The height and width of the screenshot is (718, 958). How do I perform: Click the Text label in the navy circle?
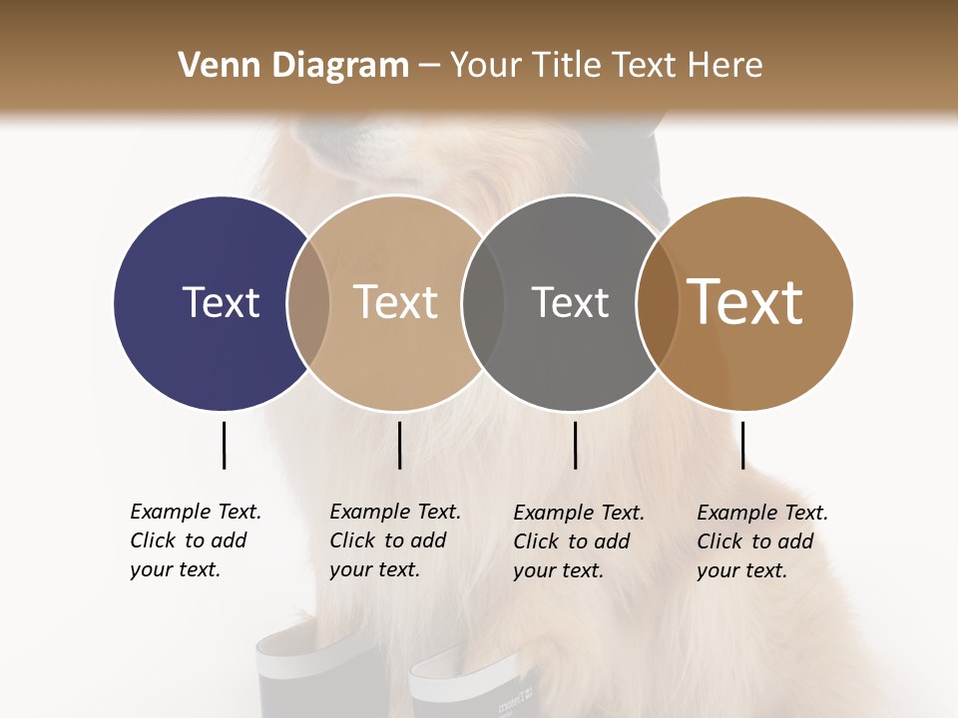pos(221,302)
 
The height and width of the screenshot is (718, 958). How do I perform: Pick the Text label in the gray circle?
pos(570,302)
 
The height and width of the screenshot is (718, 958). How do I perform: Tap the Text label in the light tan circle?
pos(395,302)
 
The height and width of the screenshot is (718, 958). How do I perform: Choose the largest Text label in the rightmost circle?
pos(745,302)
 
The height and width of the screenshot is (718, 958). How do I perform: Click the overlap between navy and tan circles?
pos(308,302)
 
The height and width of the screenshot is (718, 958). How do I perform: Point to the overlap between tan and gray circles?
pos(483,302)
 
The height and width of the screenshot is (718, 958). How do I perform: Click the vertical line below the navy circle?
pos(224,445)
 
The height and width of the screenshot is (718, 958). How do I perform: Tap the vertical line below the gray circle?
pos(575,445)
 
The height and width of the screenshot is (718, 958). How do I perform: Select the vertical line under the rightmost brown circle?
pos(742,445)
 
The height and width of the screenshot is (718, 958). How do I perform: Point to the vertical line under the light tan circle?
pos(399,445)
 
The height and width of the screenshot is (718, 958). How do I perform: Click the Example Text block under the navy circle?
pos(196,540)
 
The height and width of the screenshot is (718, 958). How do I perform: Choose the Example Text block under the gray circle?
pos(579,541)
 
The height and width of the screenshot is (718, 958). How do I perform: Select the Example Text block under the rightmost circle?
pos(762,541)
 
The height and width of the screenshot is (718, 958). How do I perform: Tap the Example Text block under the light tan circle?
pos(395,540)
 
